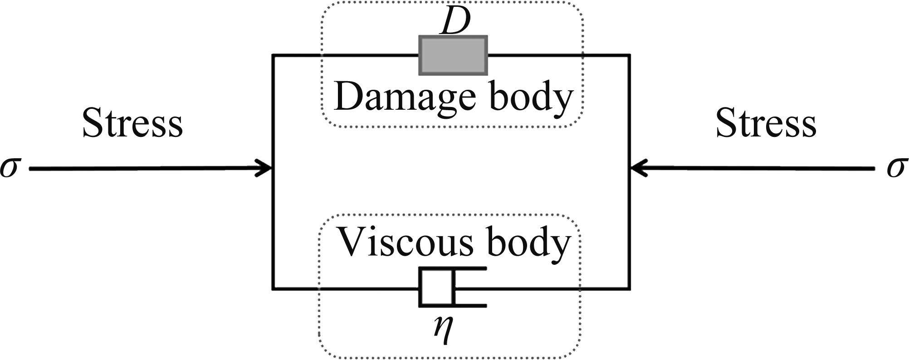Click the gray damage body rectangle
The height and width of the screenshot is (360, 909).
pos(453,55)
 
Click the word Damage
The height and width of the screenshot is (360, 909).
pos(404,97)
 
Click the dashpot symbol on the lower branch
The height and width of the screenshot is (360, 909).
pos(452,288)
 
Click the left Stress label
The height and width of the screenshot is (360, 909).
pos(132,123)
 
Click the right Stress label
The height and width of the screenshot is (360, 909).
pos(766,123)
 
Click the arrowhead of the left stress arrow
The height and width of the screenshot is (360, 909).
pos(265,169)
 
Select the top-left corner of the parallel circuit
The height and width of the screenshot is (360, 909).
pos(273,56)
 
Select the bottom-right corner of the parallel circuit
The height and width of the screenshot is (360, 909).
pos(629,288)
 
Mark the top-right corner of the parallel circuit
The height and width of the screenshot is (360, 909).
pos(629,56)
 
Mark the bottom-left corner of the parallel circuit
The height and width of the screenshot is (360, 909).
pos(273,288)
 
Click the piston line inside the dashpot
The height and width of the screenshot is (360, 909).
pos(452,288)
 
